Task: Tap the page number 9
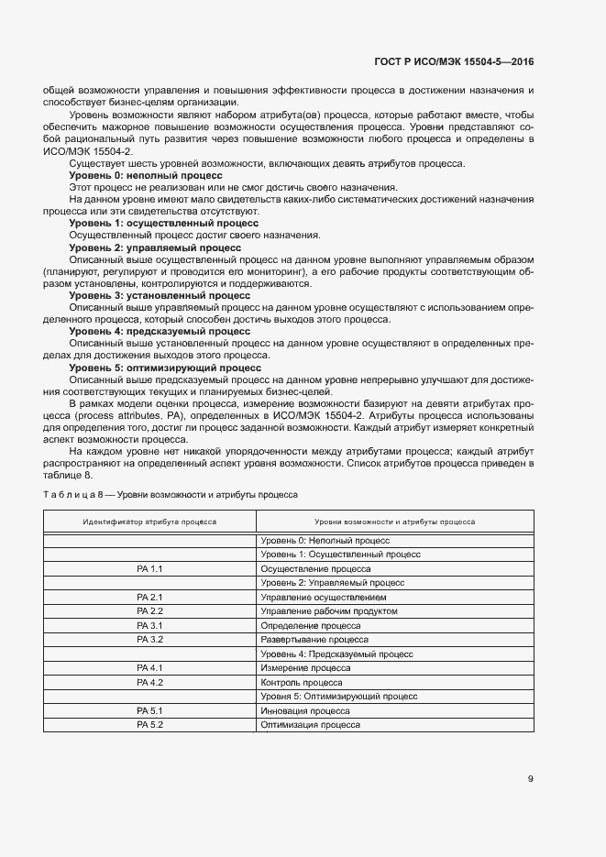point(530,779)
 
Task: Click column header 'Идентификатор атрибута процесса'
point(149,522)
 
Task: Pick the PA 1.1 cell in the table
point(149,568)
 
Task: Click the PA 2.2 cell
point(149,610)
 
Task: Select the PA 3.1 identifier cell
point(149,624)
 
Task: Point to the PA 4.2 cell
point(149,682)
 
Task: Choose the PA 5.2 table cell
point(149,724)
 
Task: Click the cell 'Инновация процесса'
point(304,710)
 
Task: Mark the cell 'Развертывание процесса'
point(314,639)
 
